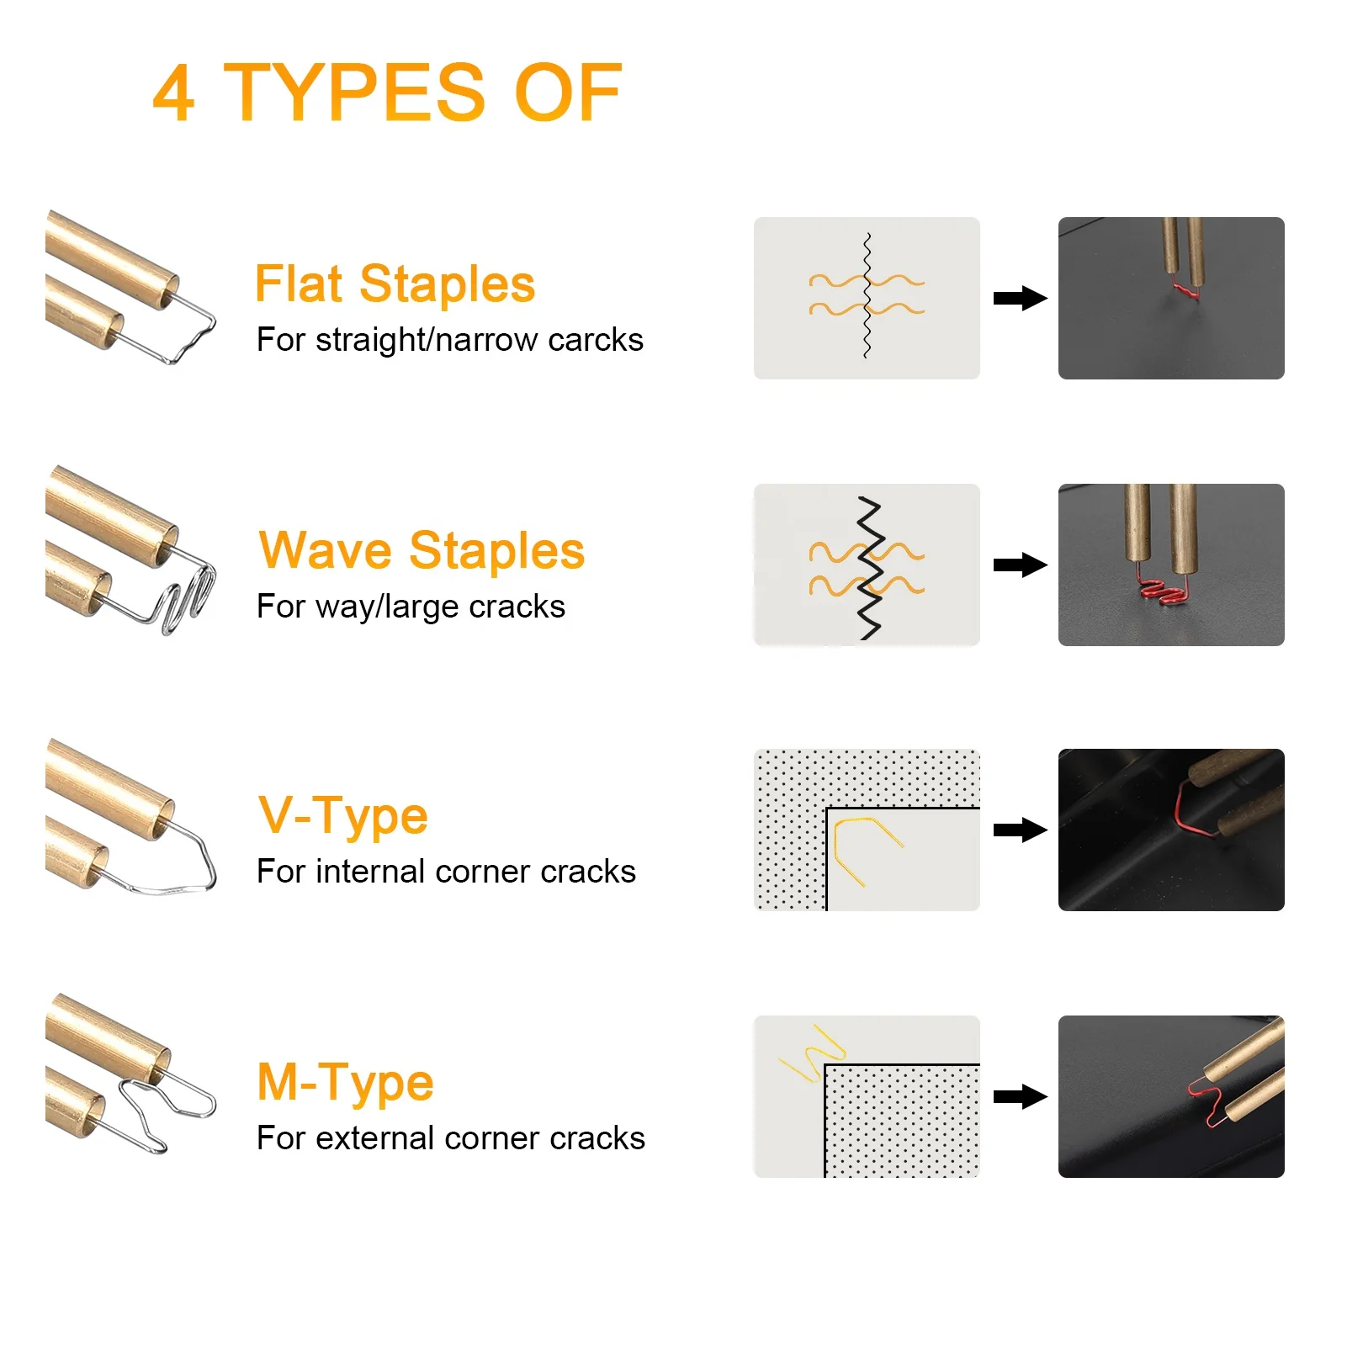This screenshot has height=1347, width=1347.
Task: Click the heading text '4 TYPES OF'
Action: tap(387, 93)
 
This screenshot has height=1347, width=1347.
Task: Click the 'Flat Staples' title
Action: tap(395, 284)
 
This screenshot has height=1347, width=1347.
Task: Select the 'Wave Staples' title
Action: tap(422, 550)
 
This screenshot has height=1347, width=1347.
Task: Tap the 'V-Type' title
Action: tap(343, 815)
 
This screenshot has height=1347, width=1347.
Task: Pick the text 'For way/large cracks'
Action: tap(411, 607)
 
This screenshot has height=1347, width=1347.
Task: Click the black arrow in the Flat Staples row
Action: tap(1019, 299)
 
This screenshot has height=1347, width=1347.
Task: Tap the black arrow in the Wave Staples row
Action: tap(1019, 565)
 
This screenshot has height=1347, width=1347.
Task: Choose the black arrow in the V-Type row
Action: tap(1019, 830)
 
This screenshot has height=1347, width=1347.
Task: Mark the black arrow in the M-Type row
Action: tap(1019, 1096)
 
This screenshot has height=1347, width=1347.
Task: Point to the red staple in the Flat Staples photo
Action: tap(1186, 292)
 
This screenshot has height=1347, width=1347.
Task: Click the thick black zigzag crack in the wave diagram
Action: tap(869, 569)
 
